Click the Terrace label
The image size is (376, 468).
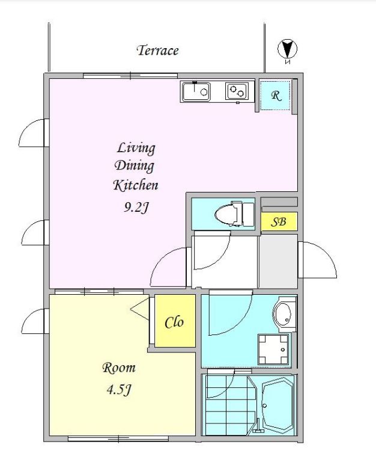[157, 51]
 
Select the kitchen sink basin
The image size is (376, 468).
[196, 91]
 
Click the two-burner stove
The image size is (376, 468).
[237, 91]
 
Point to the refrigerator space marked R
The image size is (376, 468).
[275, 95]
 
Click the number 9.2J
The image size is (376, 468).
[136, 207]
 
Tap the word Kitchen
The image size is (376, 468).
[136, 185]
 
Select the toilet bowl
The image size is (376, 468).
[226, 214]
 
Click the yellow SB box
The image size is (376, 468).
[279, 221]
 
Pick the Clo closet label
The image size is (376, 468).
[175, 322]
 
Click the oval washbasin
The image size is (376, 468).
[282, 315]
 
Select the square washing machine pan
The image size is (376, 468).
[273, 349]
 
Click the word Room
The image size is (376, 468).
[119, 368]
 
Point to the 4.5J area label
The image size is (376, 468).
[119, 390]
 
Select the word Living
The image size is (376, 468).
[136, 148]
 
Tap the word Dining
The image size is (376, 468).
[135, 166]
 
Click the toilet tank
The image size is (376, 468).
[248, 214]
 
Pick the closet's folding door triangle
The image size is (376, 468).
[140, 309]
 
